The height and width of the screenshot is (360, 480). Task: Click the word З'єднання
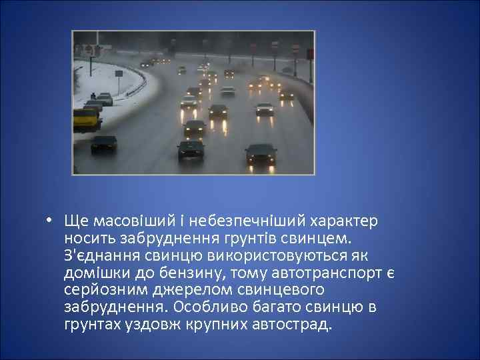pyautogui.click(x=97, y=256)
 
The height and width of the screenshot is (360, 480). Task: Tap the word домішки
pyautogui.click(x=93, y=273)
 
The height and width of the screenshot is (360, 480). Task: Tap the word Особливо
pyautogui.click(x=205, y=308)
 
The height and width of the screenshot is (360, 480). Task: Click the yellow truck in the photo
pyautogui.click(x=87, y=120)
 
